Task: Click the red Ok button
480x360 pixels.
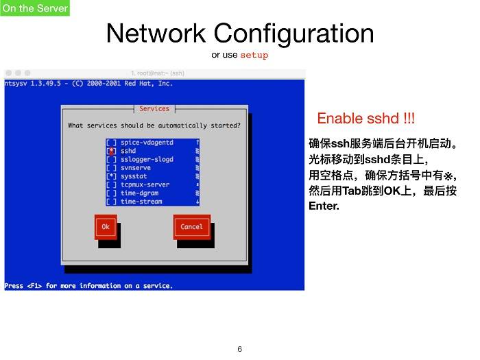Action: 106,227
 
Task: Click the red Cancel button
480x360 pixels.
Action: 192,227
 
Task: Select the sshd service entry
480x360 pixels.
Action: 128,151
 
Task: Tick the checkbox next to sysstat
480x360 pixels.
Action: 111,176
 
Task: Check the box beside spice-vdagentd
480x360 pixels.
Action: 111,143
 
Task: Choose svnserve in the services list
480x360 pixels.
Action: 136,168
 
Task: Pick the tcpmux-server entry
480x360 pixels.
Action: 145,185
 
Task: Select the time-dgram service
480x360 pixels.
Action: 140,193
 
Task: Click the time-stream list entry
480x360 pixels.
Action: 141,202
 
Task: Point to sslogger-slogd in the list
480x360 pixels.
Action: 147,160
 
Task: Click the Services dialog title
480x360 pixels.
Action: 154,108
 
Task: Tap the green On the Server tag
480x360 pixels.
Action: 35,8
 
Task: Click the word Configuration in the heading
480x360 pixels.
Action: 293,34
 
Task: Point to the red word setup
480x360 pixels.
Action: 254,55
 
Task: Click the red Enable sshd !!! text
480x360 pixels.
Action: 365,119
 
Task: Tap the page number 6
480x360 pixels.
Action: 240,349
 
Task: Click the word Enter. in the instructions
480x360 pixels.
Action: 324,206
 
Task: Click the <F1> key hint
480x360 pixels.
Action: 34,286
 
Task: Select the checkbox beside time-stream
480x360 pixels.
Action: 111,202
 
